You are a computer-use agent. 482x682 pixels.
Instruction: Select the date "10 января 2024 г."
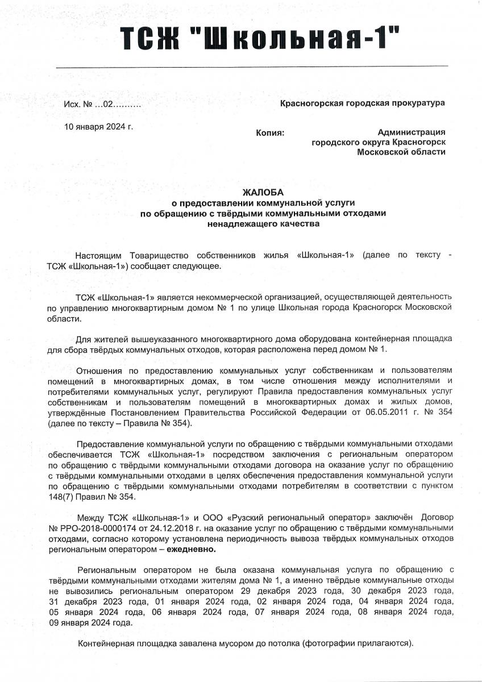coord(99,126)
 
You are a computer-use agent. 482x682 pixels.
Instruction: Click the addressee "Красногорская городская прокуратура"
coord(363,102)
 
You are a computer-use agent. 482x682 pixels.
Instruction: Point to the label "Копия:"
coord(270,132)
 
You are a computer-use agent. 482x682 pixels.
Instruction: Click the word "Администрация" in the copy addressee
coord(411,132)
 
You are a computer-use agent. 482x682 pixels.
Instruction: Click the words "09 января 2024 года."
coord(91,622)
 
